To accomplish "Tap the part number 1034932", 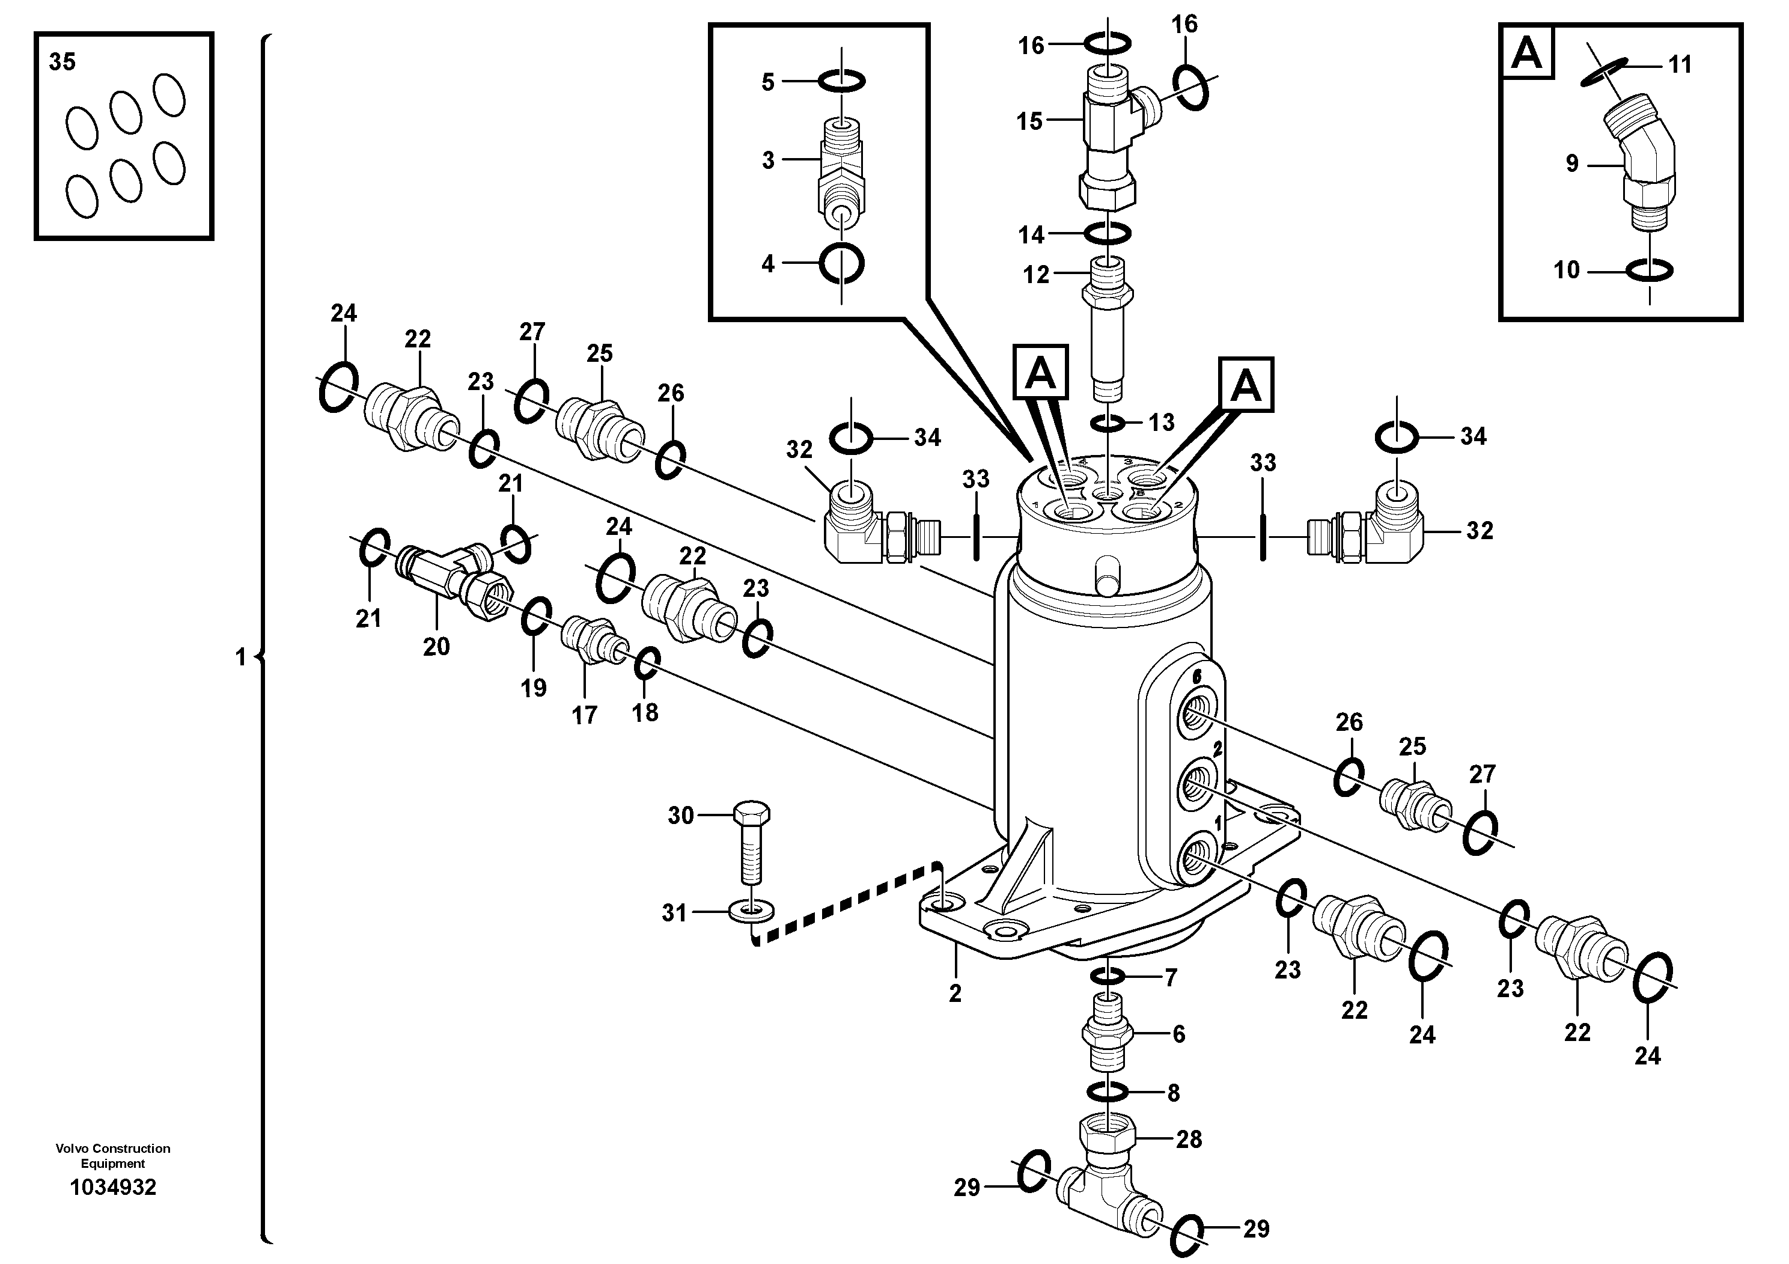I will [x=113, y=1188].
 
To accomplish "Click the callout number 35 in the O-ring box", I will [x=62, y=61].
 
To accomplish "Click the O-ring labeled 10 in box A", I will [x=1650, y=270].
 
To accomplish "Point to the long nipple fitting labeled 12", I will [x=1107, y=328].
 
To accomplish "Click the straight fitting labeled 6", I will [x=1106, y=1033].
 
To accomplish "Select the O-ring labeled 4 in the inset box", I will [x=841, y=264].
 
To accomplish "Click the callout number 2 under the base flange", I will [x=955, y=993].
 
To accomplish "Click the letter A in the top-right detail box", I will [x=1526, y=53].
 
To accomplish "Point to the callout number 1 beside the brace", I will [x=241, y=658].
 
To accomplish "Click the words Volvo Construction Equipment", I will [x=113, y=1156].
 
